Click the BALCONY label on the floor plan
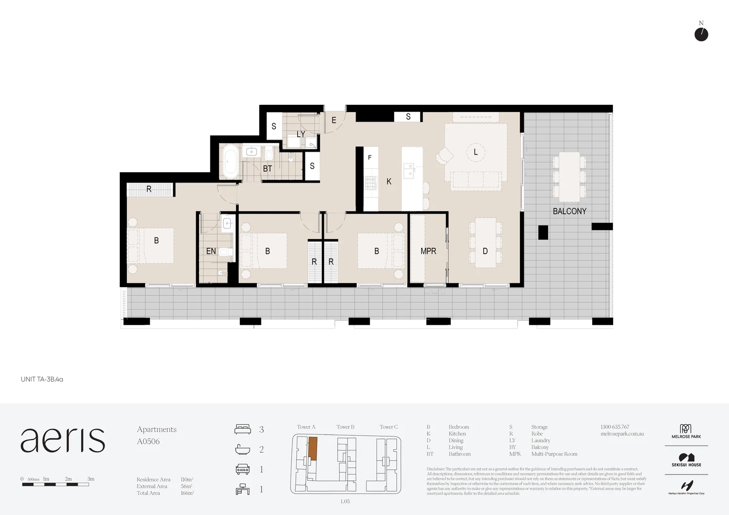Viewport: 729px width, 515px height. tap(569, 211)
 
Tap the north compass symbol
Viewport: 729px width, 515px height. tap(701, 34)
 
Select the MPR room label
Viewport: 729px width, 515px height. tap(428, 251)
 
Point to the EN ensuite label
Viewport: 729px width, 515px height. tap(211, 251)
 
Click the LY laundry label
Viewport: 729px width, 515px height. tap(301, 134)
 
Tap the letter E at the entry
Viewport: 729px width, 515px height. tap(334, 121)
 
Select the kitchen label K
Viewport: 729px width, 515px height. tap(389, 182)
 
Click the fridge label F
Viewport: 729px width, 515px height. tap(370, 157)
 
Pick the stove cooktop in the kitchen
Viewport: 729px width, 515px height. tap(371, 183)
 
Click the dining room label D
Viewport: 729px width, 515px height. tap(485, 251)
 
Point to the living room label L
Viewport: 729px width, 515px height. tap(476, 152)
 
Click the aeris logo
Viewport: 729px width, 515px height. tap(62, 440)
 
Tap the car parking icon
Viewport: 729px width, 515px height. tap(242, 469)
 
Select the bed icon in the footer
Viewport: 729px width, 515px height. tap(242, 429)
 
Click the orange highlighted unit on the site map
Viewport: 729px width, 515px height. tap(312, 447)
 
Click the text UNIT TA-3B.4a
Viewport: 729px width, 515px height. tap(42, 380)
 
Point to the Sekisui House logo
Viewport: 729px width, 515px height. tap(687, 460)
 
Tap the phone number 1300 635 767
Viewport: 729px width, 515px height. tap(614, 427)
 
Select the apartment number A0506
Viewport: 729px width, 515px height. tap(148, 442)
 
